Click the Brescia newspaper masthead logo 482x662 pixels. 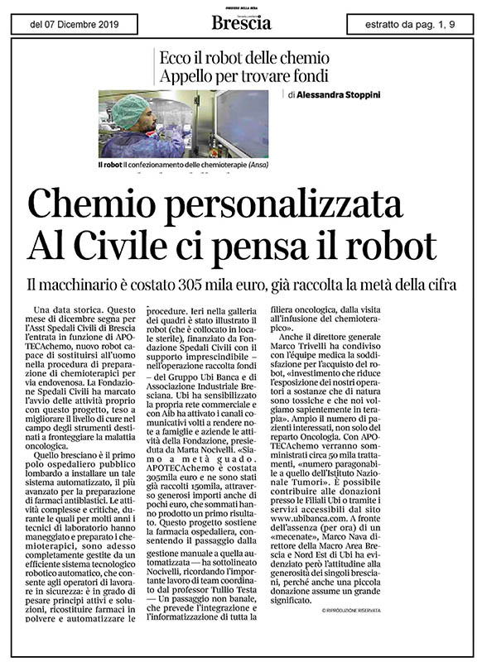(x=241, y=22)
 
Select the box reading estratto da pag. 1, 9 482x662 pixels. (x=411, y=23)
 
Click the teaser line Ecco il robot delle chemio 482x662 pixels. (x=246, y=58)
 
